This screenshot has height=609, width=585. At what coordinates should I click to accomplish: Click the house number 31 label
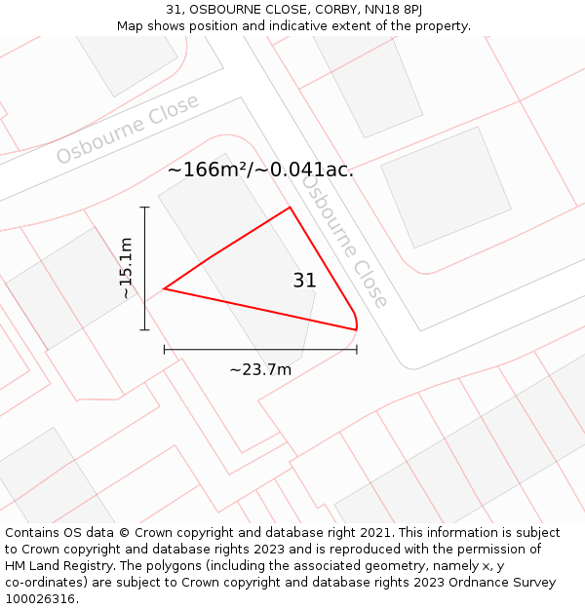304,281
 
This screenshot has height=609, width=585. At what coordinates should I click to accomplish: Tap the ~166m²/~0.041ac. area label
260,170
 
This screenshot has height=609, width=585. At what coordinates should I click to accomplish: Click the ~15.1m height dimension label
126,268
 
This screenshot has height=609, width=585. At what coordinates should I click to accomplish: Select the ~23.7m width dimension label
260,369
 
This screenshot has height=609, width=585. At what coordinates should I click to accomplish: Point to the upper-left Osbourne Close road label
127,130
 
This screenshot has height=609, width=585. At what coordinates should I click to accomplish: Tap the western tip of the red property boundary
165,288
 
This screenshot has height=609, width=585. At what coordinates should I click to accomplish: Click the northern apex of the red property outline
290,208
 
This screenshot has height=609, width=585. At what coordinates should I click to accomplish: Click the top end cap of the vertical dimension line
144,208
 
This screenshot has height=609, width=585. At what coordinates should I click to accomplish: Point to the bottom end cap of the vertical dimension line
144,330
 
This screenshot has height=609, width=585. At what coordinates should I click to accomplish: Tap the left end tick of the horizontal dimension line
165,349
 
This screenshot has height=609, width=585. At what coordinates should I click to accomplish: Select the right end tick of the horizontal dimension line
357,349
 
